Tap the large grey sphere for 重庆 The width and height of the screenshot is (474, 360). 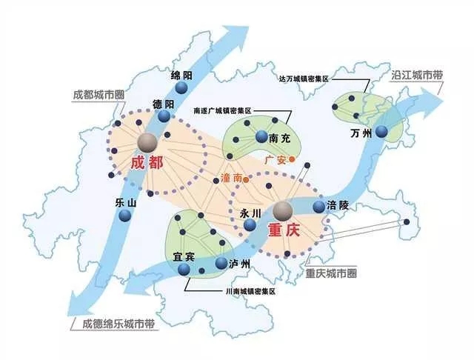(282, 210)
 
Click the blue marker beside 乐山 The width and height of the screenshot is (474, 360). (124, 216)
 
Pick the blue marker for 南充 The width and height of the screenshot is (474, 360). (261, 136)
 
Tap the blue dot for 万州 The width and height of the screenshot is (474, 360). (381, 132)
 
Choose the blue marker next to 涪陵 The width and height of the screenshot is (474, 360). (319, 207)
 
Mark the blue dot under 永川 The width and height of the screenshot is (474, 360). (247, 227)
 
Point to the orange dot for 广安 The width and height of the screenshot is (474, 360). (293, 159)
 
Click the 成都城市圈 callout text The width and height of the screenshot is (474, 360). (99, 96)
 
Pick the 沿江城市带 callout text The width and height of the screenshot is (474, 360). (416, 76)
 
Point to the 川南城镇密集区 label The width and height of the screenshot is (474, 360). (250, 292)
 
